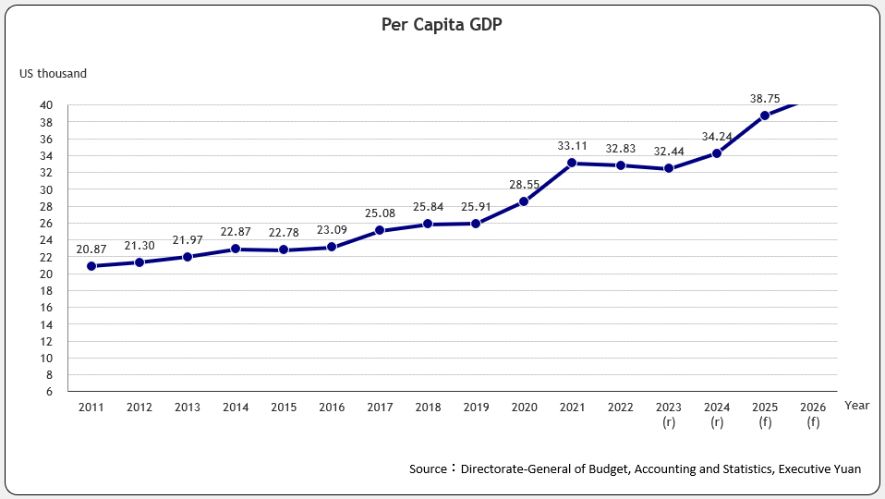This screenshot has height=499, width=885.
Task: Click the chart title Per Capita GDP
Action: pos(442,25)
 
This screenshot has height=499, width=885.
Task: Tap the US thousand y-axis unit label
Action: pos(53,73)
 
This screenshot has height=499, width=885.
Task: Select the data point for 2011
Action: pos(91,266)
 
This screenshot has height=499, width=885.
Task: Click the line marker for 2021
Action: pos(572,163)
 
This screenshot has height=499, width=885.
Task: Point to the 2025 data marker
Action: pos(765,116)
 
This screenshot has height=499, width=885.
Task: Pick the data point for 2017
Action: pos(380,230)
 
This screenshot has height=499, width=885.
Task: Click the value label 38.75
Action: pos(765,97)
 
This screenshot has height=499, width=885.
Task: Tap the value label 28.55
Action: pos(524,185)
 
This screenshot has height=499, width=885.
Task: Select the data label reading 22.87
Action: pos(235,231)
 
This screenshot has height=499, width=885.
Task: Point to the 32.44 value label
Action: pos(669,151)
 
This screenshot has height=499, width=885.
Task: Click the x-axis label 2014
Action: pos(235,407)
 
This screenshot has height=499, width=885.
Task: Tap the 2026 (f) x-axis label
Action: pos(813,414)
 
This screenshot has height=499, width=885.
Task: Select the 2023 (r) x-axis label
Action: pos(668,414)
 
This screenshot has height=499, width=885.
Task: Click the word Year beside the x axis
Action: pos(856,405)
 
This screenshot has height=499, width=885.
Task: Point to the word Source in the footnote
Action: pos(428,469)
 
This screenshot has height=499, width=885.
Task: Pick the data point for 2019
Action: pos(476,224)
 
